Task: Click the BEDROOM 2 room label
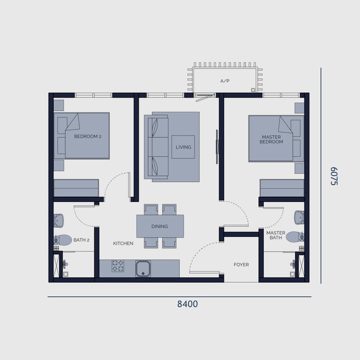pos(88,136)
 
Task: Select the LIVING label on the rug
pos(184,147)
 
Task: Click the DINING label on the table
pos(160,226)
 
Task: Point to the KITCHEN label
pos(123,243)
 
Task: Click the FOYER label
pos(241,265)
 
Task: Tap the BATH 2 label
pos(81,240)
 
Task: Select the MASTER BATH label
pos(276,235)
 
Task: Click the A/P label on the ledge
pos(225,81)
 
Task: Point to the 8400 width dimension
pos(187,304)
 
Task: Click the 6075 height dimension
pos(334,176)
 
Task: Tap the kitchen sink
pos(143,269)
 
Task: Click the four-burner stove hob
pos(118,266)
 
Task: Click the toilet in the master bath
pos(295,237)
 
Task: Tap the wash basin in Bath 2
pos(59,220)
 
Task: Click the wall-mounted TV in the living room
pos(217,147)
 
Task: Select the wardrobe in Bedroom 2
pos(76,188)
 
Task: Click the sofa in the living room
pos(157,147)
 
